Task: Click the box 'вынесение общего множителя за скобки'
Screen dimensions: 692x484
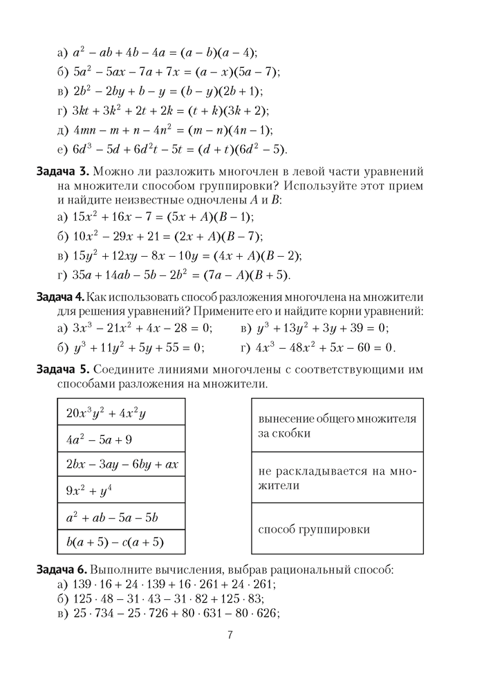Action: [337, 426]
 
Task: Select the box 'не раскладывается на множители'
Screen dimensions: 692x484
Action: [337, 477]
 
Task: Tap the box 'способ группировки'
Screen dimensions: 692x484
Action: [337, 529]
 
